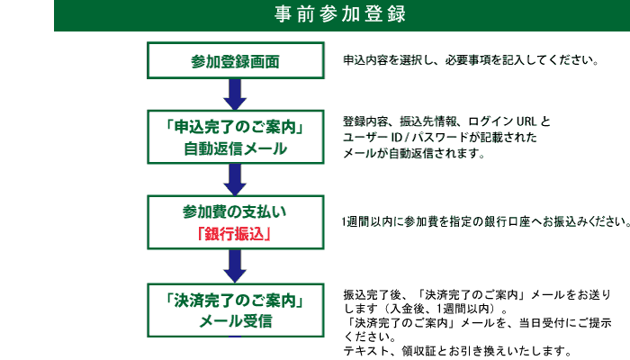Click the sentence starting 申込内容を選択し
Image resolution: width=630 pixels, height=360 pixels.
471,61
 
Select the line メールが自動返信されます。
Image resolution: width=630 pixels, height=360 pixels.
414,154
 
